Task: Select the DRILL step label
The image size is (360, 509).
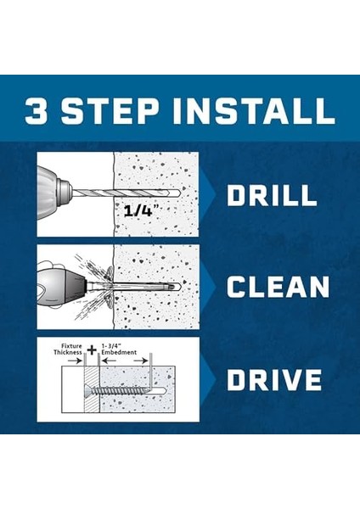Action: tap(272, 195)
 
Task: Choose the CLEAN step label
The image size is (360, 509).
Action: tap(278, 287)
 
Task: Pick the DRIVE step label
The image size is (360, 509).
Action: tap(274, 379)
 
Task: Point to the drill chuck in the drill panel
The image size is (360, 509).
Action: tap(64, 193)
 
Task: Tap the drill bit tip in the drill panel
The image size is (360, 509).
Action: tap(175, 193)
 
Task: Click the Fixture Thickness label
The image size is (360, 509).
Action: tap(68, 349)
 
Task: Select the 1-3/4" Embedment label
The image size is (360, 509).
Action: tap(119, 349)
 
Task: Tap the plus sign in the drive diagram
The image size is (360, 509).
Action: tap(92, 350)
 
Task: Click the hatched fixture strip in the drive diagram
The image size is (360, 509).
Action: tap(91, 389)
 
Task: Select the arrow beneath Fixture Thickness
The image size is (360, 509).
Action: tap(76, 361)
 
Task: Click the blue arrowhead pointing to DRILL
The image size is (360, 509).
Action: tap(208, 194)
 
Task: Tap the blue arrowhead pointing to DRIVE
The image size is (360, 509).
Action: tap(208, 379)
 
